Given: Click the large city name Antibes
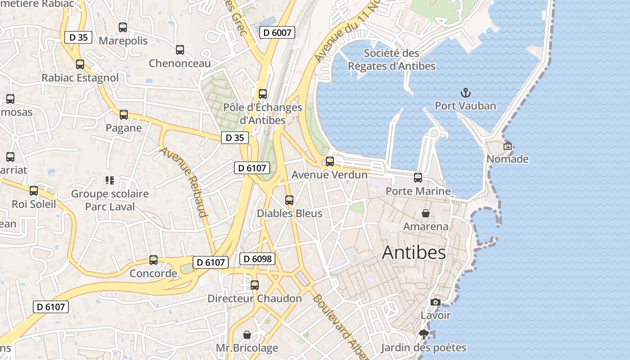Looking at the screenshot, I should point(414,252).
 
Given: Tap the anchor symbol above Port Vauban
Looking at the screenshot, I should point(466,93).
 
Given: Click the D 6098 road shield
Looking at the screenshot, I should point(257,259).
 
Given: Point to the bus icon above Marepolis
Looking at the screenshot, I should point(123,27).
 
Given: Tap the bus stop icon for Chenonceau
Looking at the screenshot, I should point(180,50).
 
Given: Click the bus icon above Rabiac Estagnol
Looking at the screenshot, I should point(80,64).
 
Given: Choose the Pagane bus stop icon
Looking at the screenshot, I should point(124,115).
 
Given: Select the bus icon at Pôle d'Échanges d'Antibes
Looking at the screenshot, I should point(263,94).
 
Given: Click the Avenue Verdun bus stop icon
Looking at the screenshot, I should point(330,162).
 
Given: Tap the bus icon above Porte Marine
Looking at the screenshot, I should point(418,178).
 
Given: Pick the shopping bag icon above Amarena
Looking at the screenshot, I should point(425,213).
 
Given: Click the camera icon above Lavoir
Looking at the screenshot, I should point(435,302).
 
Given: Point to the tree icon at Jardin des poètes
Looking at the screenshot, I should point(423,334).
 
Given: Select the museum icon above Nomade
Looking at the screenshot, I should point(508,146).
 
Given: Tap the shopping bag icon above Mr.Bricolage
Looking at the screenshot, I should point(247,335).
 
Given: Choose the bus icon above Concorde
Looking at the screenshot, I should point(153,260).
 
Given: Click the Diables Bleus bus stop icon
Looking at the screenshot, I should point(289,200).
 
